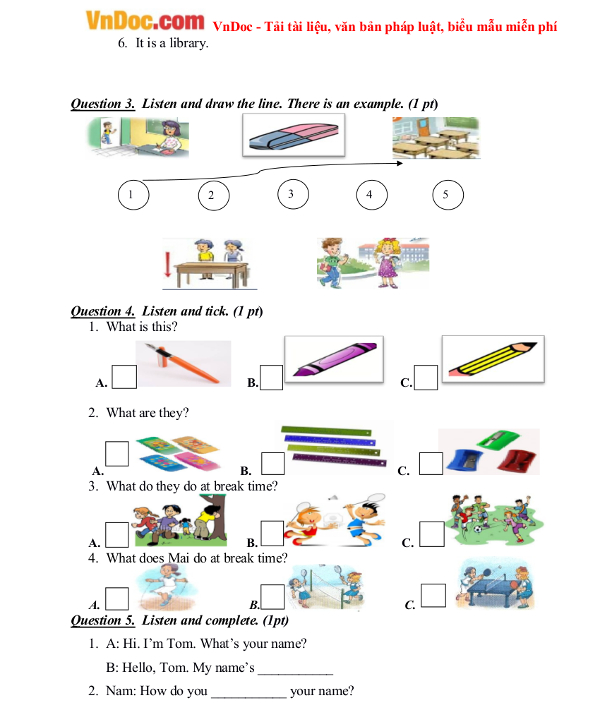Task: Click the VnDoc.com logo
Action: click(x=145, y=21)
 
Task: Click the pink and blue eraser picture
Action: click(x=293, y=135)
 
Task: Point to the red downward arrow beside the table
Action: click(x=168, y=264)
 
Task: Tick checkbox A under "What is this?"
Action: click(x=124, y=377)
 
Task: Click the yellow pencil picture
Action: click(x=493, y=359)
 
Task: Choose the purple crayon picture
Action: click(x=334, y=359)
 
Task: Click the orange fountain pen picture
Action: click(x=183, y=364)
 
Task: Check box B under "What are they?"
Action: click(x=273, y=463)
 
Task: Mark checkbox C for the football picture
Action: click(x=432, y=534)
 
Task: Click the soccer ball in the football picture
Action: click(x=478, y=528)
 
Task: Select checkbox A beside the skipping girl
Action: click(x=117, y=598)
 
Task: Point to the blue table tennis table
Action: click(x=493, y=590)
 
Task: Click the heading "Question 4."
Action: click(x=102, y=311)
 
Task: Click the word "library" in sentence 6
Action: click(x=189, y=43)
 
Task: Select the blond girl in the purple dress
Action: click(x=388, y=263)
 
